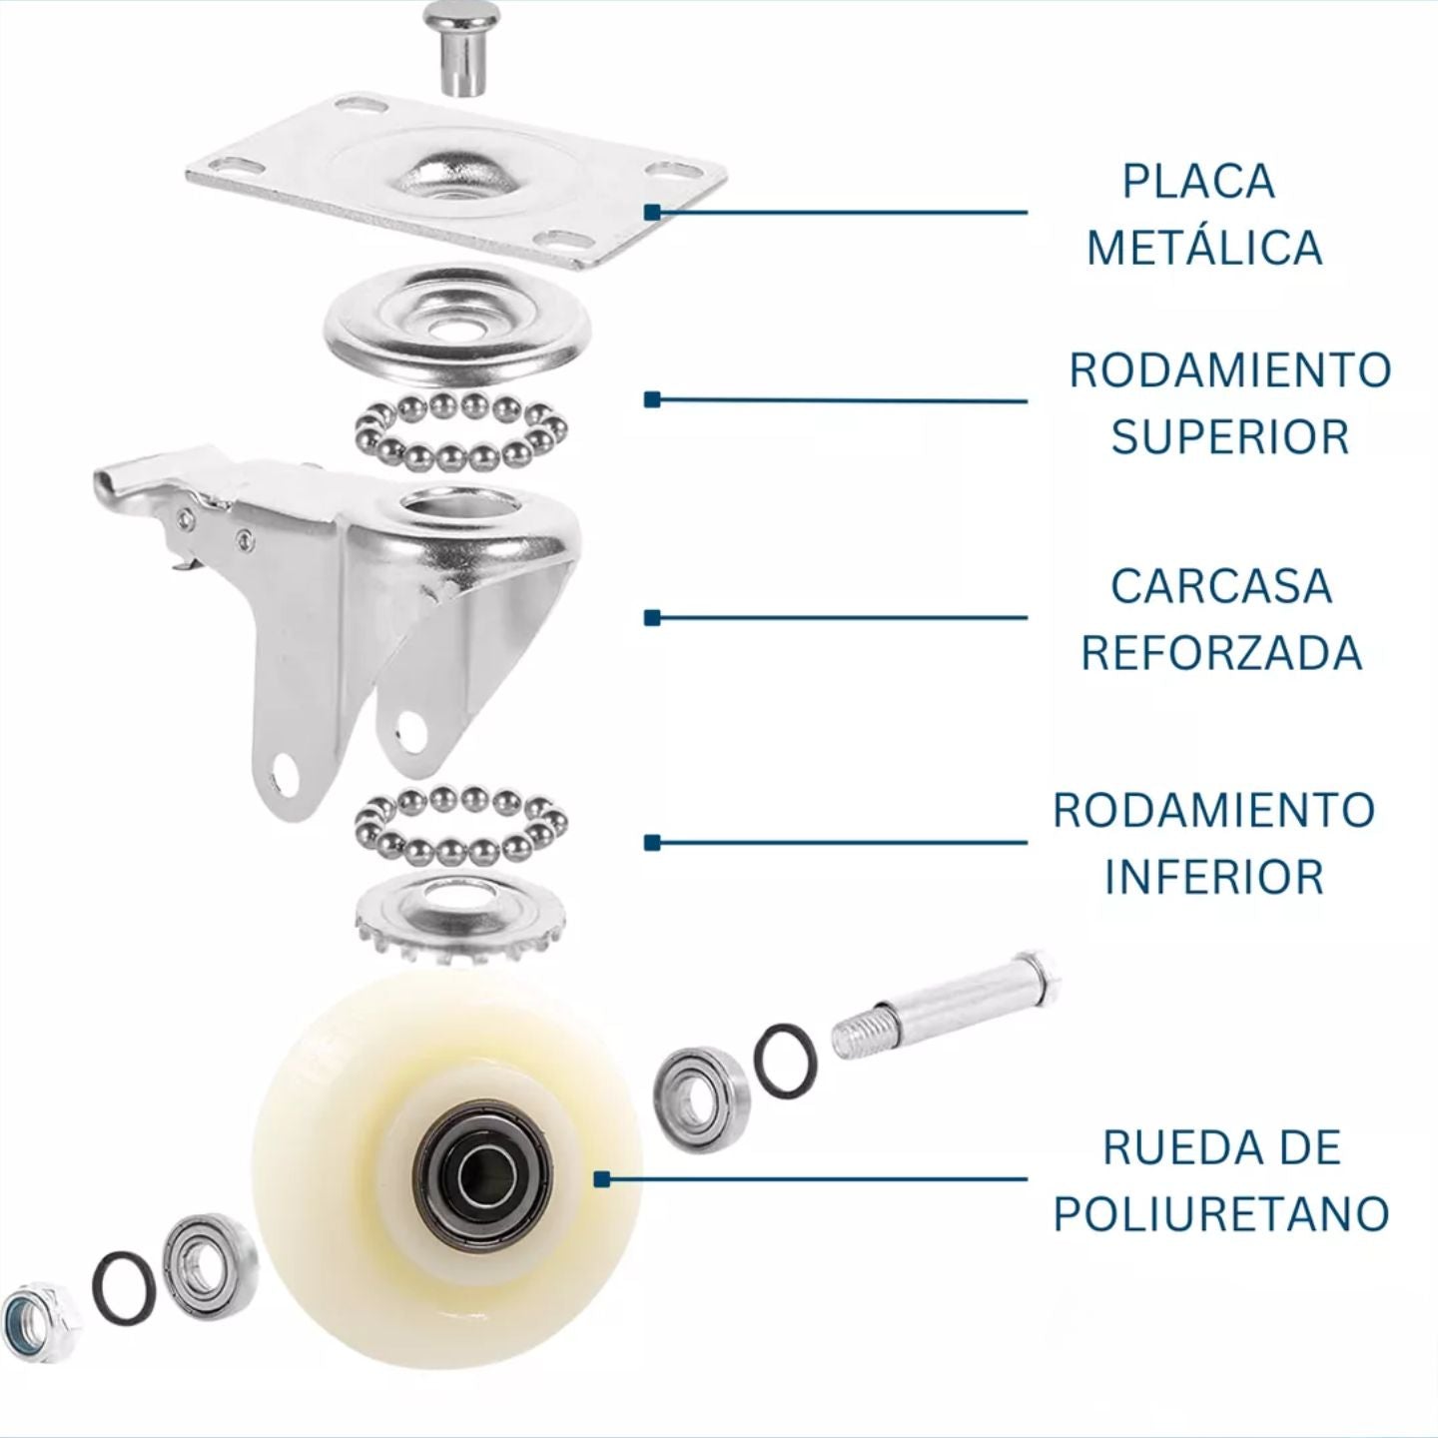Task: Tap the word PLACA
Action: point(1199,182)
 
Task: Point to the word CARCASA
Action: point(1221,586)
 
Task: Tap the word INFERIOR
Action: point(1214,877)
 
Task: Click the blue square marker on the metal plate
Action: point(653,212)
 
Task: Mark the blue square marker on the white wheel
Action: point(601,1179)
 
